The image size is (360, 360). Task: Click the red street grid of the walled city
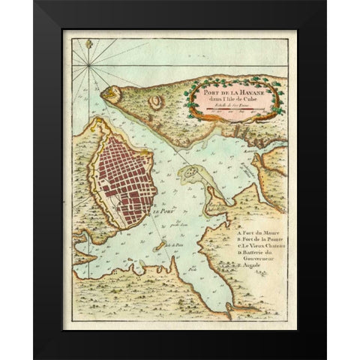[124, 180]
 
